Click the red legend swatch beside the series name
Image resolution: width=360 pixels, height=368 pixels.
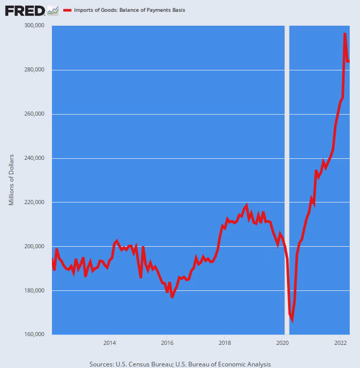(67, 10)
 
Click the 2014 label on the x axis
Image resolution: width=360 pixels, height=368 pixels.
(109, 342)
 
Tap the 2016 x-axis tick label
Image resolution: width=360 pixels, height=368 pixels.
(167, 342)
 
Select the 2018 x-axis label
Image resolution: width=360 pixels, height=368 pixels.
(225, 342)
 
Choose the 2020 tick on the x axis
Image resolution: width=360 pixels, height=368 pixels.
(282, 342)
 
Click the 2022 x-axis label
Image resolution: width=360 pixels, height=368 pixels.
(340, 342)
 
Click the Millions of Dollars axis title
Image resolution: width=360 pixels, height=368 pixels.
(11, 179)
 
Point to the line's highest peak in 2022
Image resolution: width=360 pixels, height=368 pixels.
(345, 33)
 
